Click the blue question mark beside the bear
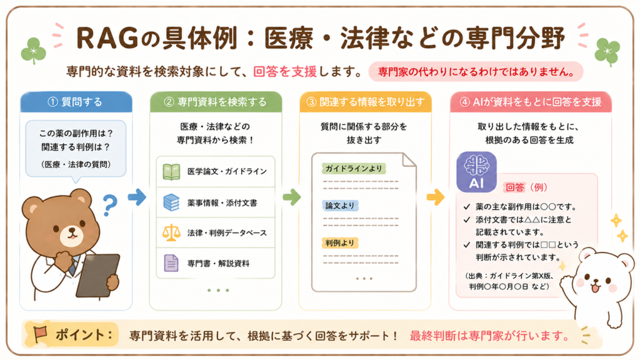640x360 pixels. click(x=109, y=205)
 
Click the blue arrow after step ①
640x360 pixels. click(x=137, y=197)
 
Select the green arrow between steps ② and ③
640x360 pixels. click(x=291, y=197)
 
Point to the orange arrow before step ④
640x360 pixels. click(x=436, y=197)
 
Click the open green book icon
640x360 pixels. click(x=171, y=172)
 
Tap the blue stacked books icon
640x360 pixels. click(x=171, y=202)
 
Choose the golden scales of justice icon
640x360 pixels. click(x=171, y=232)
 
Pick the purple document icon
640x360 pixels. click(x=171, y=263)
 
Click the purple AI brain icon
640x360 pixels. click(x=476, y=172)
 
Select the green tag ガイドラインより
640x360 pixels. click(x=354, y=168)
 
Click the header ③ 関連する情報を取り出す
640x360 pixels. click(x=365, y=102)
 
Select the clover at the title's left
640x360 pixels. click(x=34, y=51)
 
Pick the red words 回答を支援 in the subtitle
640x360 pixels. click(x=285, y=72)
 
